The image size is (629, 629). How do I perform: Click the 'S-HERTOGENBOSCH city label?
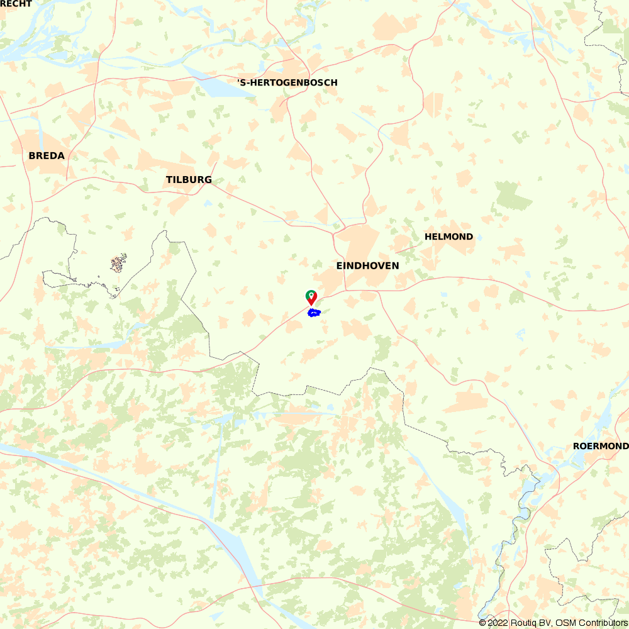tap(287, 83)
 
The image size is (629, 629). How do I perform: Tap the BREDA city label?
tap(47, 155)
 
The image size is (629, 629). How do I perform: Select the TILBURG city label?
tap(189, 180)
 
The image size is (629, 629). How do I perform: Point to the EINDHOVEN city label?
tap(367, 266)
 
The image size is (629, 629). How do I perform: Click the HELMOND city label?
tap(448, 237)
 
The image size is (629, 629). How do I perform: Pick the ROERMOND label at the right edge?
tap(600, 446)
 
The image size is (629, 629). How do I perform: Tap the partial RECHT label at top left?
tap(16, 4)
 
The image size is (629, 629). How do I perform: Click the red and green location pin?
tap(311, 298)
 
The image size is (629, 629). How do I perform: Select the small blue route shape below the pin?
tap(314, 313)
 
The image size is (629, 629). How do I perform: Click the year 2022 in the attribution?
tap(498, 623)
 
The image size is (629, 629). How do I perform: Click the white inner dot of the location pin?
tap(311, 294)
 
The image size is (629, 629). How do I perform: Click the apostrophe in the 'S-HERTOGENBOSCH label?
tap(239, 82)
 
